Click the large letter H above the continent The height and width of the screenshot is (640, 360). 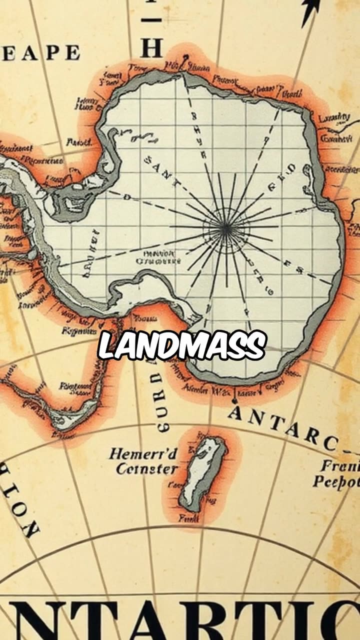pos(151,48)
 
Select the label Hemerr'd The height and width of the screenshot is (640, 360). pos(143,454)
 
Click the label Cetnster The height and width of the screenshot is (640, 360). pos(147,469)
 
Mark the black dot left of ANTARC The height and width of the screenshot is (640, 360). pos(233,401)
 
